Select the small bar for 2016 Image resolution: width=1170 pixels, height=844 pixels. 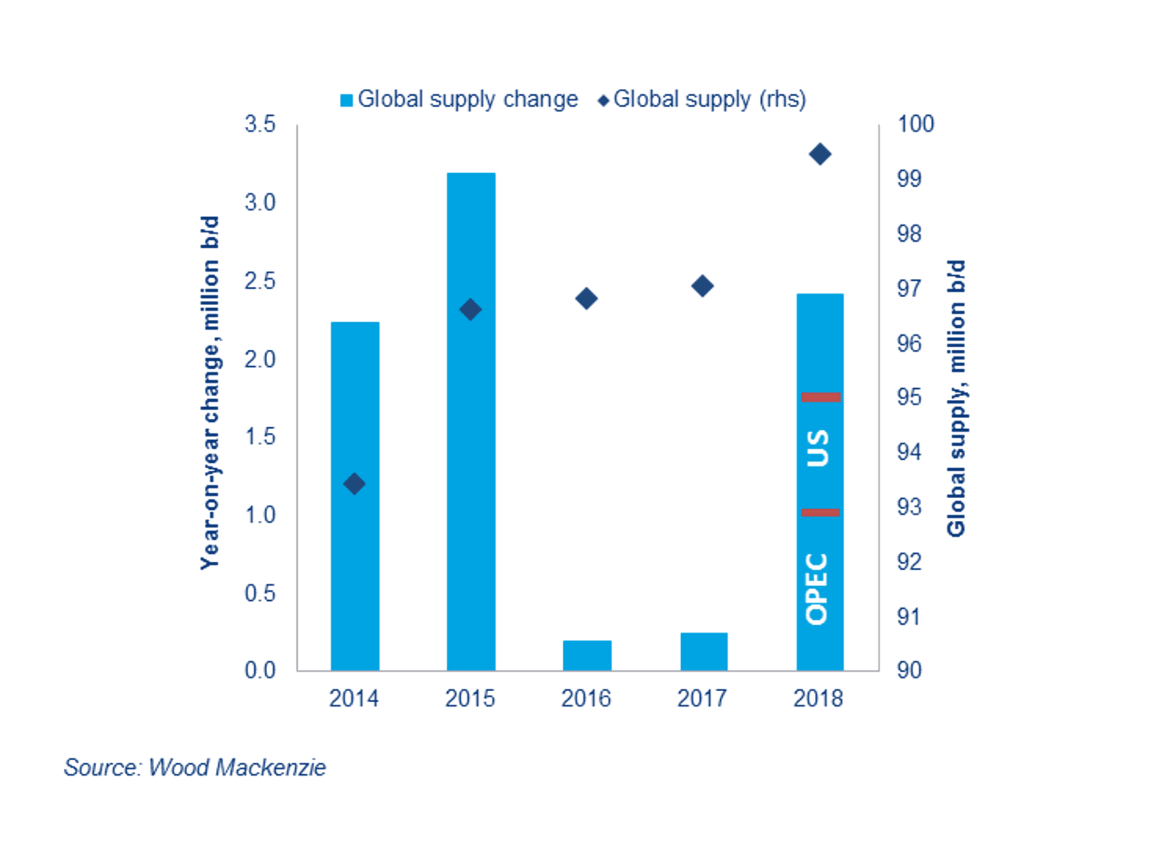pos(587,655)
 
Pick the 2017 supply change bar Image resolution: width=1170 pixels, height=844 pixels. pos(703,652)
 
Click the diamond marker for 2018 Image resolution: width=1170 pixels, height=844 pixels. pos(820,155)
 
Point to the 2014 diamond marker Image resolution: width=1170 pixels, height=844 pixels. pos(354,484)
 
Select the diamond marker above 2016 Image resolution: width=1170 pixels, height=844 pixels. pos(586,299)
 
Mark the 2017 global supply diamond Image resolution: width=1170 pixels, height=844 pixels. pos(702,286)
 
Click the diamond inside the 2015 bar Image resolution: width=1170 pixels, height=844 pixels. pos(470,310)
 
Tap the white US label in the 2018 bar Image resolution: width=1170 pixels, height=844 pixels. pos(818,448)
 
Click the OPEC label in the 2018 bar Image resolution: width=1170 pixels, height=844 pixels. pos(817,589)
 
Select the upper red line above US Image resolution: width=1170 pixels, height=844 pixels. pos(820,397)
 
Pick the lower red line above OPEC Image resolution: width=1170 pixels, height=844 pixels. pos(820,512)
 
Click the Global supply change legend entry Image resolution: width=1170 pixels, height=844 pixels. pos(459,99)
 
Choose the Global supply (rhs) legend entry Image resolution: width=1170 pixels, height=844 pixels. pos(702,99)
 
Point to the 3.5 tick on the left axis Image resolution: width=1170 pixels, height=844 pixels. pos(260,124)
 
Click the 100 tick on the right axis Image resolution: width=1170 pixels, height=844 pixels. pos(915,124)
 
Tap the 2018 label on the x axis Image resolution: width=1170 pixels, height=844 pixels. pos(818,698)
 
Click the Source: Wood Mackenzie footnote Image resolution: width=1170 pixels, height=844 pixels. pos(194,767)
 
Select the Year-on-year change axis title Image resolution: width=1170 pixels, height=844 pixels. pos(210,393)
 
